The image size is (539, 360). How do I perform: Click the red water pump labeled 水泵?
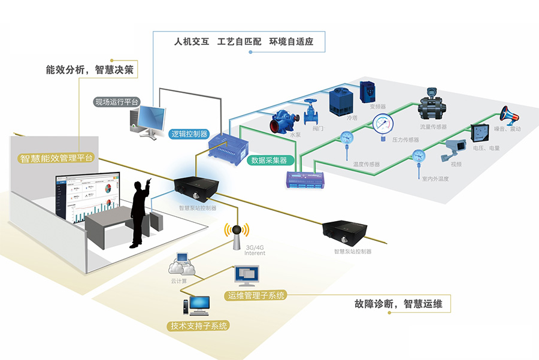click(286, 119)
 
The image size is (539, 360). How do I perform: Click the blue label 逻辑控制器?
click(189, 134)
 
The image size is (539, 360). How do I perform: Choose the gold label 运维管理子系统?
click(257, 295)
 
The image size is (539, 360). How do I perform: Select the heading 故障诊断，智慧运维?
click(398, 304)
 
